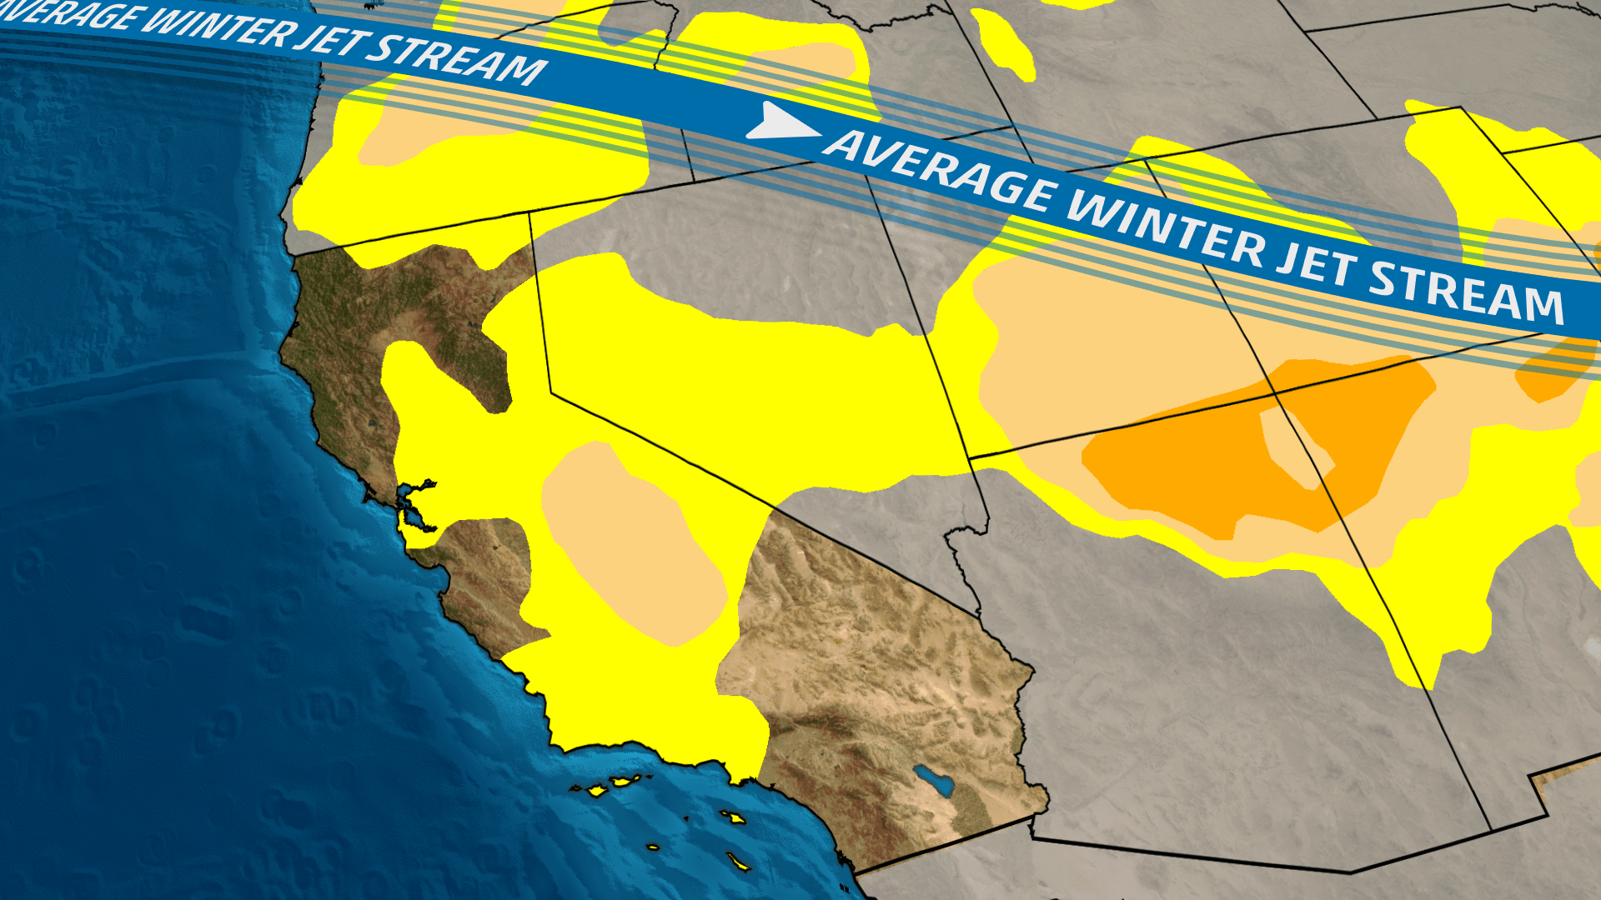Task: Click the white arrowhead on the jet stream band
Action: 780,122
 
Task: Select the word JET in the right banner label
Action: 1317,267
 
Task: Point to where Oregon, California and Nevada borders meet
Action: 529,213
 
